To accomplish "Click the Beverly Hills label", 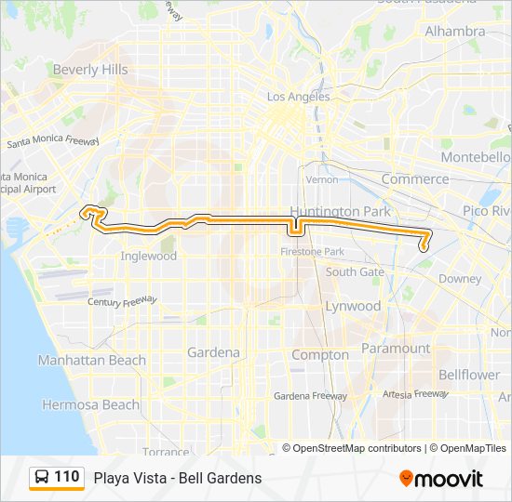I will click(x=90, y=70).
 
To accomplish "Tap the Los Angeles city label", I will click(x=298, y=97).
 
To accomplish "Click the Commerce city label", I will click(x=414, y=178).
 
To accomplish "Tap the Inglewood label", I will click(x=148, y=256).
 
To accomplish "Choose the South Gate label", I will click(x=355, y=272).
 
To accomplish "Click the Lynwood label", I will click(x=353, y=306).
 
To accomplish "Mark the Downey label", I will click(x=460, y=278).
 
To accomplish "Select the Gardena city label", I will click(x=213, y=352).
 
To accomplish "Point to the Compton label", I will click(x=320, y=354).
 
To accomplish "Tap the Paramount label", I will click(x=396, y=349).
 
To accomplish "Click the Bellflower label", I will click(x=469, y=375).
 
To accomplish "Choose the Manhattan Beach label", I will click(x=92, y=360).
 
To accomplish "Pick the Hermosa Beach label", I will click(x=91, y=404).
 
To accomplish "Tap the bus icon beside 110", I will click(x=43, y=478).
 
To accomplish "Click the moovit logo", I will click(x=441, y=478).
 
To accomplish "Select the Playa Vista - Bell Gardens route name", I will click(x=177, y=478).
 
